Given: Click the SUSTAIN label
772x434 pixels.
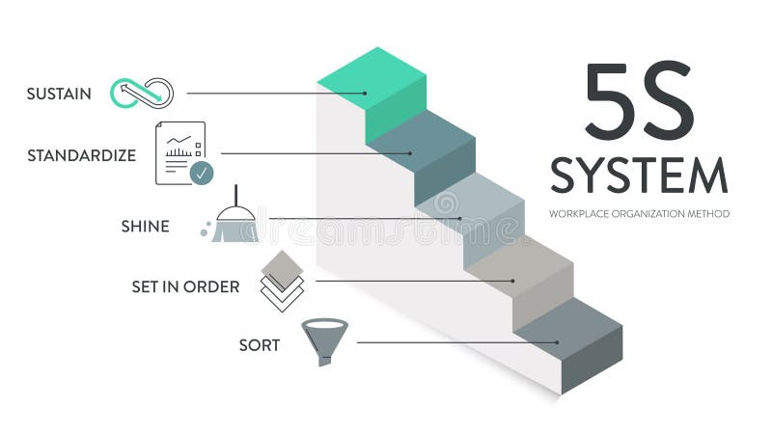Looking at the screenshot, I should tap(59, 94).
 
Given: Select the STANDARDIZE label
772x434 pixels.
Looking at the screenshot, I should tap(81, 154).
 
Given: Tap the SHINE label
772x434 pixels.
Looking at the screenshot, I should tap(145, 227).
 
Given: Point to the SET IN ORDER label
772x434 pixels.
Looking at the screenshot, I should tap(185, 286).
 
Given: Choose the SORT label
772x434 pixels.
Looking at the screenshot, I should tap(260, 344).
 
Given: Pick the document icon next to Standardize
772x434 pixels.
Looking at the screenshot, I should tap(181, 152).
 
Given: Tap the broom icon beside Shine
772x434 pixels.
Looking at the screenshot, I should tap(234, 222).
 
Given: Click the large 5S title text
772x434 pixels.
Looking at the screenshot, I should tap(639, 101).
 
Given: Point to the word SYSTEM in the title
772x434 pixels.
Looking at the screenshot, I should tap(639, 176).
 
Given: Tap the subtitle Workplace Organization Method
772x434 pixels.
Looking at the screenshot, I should tap(639, 213).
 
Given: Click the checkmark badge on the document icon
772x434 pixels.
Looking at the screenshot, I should tap(202, 174).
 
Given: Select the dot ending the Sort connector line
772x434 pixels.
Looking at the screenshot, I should tap(557, 342).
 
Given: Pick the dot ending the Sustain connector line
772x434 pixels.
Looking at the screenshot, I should tap(366, 94).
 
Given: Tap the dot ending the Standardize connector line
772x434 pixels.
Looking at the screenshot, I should tap(410, 153).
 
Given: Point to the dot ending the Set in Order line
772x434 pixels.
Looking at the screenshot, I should tap(512, 281).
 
